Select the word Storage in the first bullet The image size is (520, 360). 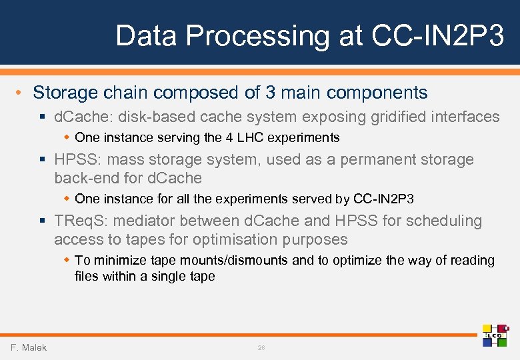[x=65, y=92]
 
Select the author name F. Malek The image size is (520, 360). [x=29, y=347]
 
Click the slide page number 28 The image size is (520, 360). [x=261, y=348]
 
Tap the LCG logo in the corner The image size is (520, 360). [x=495, y=335]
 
